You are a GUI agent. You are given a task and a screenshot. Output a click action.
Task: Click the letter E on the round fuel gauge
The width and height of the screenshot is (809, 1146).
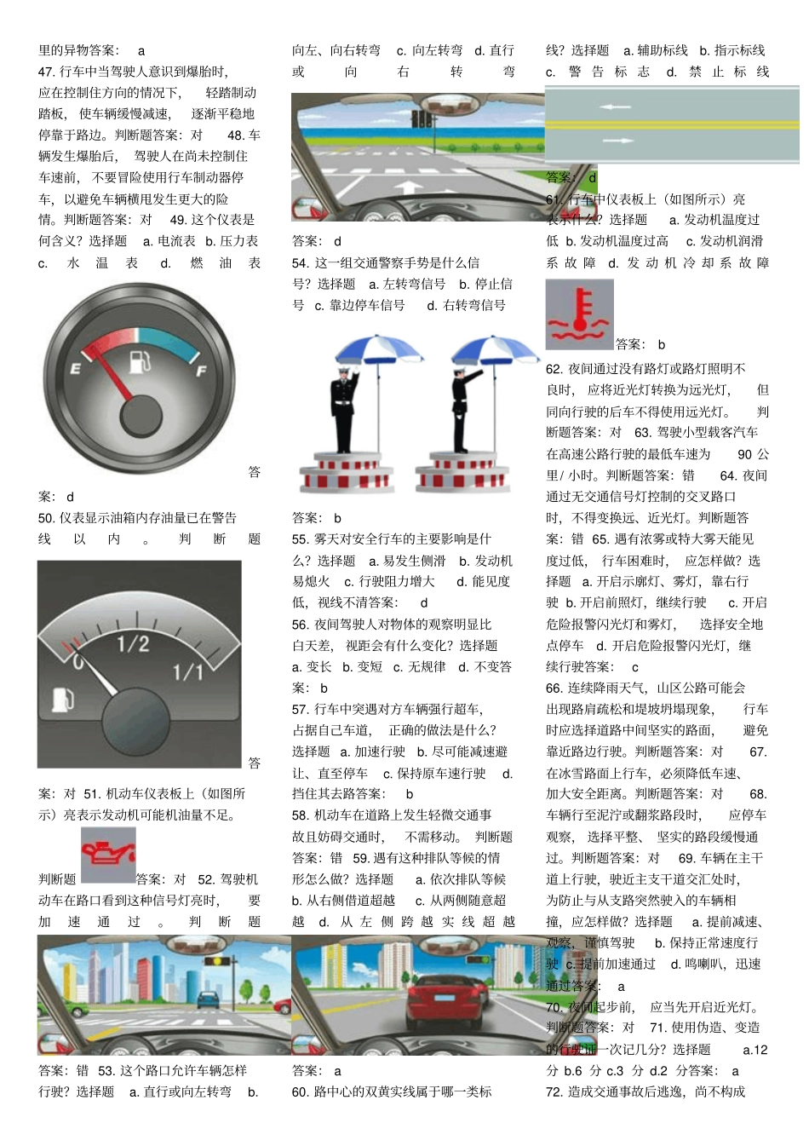(x=75, y=368)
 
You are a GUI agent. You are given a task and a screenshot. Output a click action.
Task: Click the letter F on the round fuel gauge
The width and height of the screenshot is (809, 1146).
(x=201, y=370)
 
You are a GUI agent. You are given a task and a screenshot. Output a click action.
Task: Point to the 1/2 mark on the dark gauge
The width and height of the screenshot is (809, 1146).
(x=133, y=643)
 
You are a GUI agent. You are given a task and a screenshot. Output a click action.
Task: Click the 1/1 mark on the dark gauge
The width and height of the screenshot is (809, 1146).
(x=188, y=672)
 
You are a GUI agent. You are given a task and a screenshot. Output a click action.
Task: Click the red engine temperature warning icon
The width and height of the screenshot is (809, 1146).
(x=579, y=314)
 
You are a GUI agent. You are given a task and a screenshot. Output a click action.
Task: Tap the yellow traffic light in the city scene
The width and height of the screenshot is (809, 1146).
(x=217, y=961)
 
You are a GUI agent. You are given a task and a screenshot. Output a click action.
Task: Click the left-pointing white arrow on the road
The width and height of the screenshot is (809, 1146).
(x=615, y=107)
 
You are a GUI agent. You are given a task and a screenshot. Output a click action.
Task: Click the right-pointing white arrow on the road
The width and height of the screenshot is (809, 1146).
(x=618, y=141)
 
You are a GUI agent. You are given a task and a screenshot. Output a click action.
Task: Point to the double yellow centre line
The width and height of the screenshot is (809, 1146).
(x=673, y=124)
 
